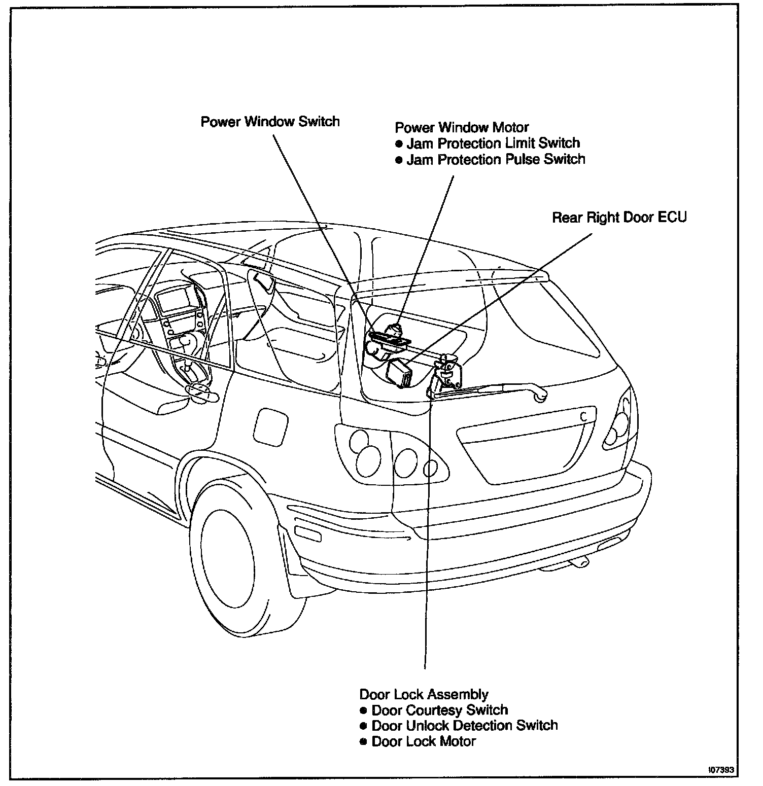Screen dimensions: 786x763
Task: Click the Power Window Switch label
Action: tap(270, 122)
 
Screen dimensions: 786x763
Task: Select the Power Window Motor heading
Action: tap(462, 127)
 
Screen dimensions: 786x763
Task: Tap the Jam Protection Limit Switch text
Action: tap(493, 144)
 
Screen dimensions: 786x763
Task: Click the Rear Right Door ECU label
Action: tap(619, 218)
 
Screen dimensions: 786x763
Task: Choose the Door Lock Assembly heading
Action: tap(424, 694)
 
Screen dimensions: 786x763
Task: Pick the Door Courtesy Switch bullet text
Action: tap(439, 710)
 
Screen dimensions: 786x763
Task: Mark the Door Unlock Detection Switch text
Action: tap(464, 726)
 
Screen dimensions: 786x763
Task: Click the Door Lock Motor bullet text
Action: tap(424, 741)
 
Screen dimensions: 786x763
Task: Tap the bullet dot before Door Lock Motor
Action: tap(363, 742)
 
